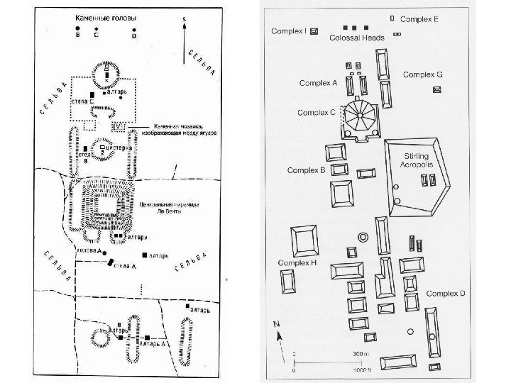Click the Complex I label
[x=288, y=30]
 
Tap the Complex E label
[x=419, y=19]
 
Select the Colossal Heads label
[x=357, y=38]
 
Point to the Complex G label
[x=423, y=74]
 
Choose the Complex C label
[x=317, y=112]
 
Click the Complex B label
[x=306, y=170]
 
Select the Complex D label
[x=446, y=293]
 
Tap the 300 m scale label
[x=361, y=353]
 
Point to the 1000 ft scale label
[x=361, y=370]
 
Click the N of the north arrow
[x=277, y=324]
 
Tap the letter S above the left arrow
[x=183, y=18]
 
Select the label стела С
[x=84, y=102]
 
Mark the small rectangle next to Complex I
[x=314, y=31]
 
